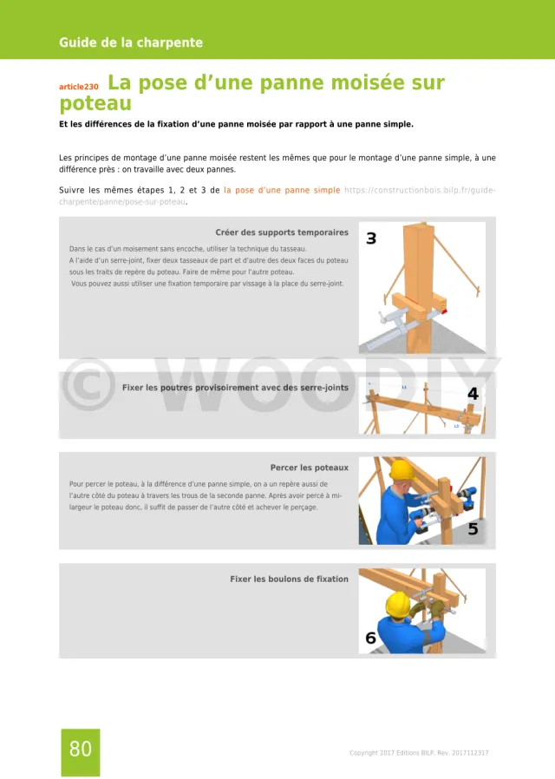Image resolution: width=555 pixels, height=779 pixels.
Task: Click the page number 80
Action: click(x=80, y=750)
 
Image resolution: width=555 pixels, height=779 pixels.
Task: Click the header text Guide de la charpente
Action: click(x=131, y=43)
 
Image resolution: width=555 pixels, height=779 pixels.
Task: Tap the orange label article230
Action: click(x=79, y=87)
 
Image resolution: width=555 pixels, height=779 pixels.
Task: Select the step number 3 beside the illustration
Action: click(x=371, y=239)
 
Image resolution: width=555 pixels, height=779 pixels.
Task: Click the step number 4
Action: click(x=473, y=394)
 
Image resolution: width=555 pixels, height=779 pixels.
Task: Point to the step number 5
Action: click(x=473, y=528)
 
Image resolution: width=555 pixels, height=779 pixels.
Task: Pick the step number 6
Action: click(x=371, y=638)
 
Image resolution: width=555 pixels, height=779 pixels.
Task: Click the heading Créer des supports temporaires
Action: click(x=282, y=232)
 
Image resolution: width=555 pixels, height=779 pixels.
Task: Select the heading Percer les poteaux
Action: click(x=309, y=468)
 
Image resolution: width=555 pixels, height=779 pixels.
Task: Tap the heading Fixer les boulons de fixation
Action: click(x=289, y=579)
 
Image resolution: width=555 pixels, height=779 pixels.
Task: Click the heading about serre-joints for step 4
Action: click(x=235, y=388)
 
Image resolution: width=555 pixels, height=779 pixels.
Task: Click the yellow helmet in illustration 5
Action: click(x=401, y=470)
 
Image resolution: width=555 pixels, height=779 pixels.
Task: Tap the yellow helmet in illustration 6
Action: click(x=397, y=602)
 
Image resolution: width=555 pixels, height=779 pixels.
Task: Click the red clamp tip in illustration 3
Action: click(x=443, y=310)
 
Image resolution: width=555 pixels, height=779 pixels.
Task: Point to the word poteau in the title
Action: click(x=95, y=104)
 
